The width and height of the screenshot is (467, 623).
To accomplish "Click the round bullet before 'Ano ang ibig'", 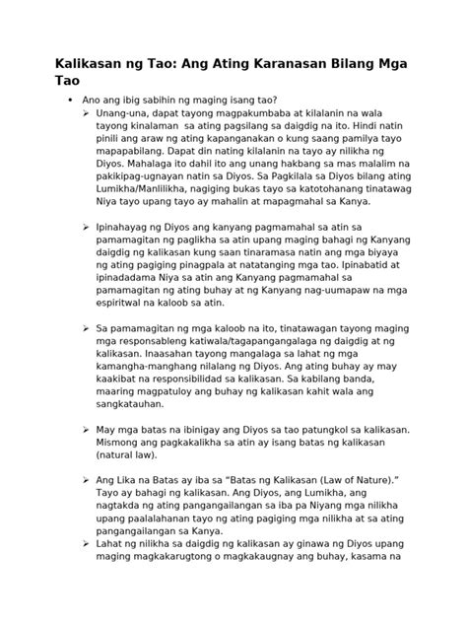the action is (70, 101).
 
